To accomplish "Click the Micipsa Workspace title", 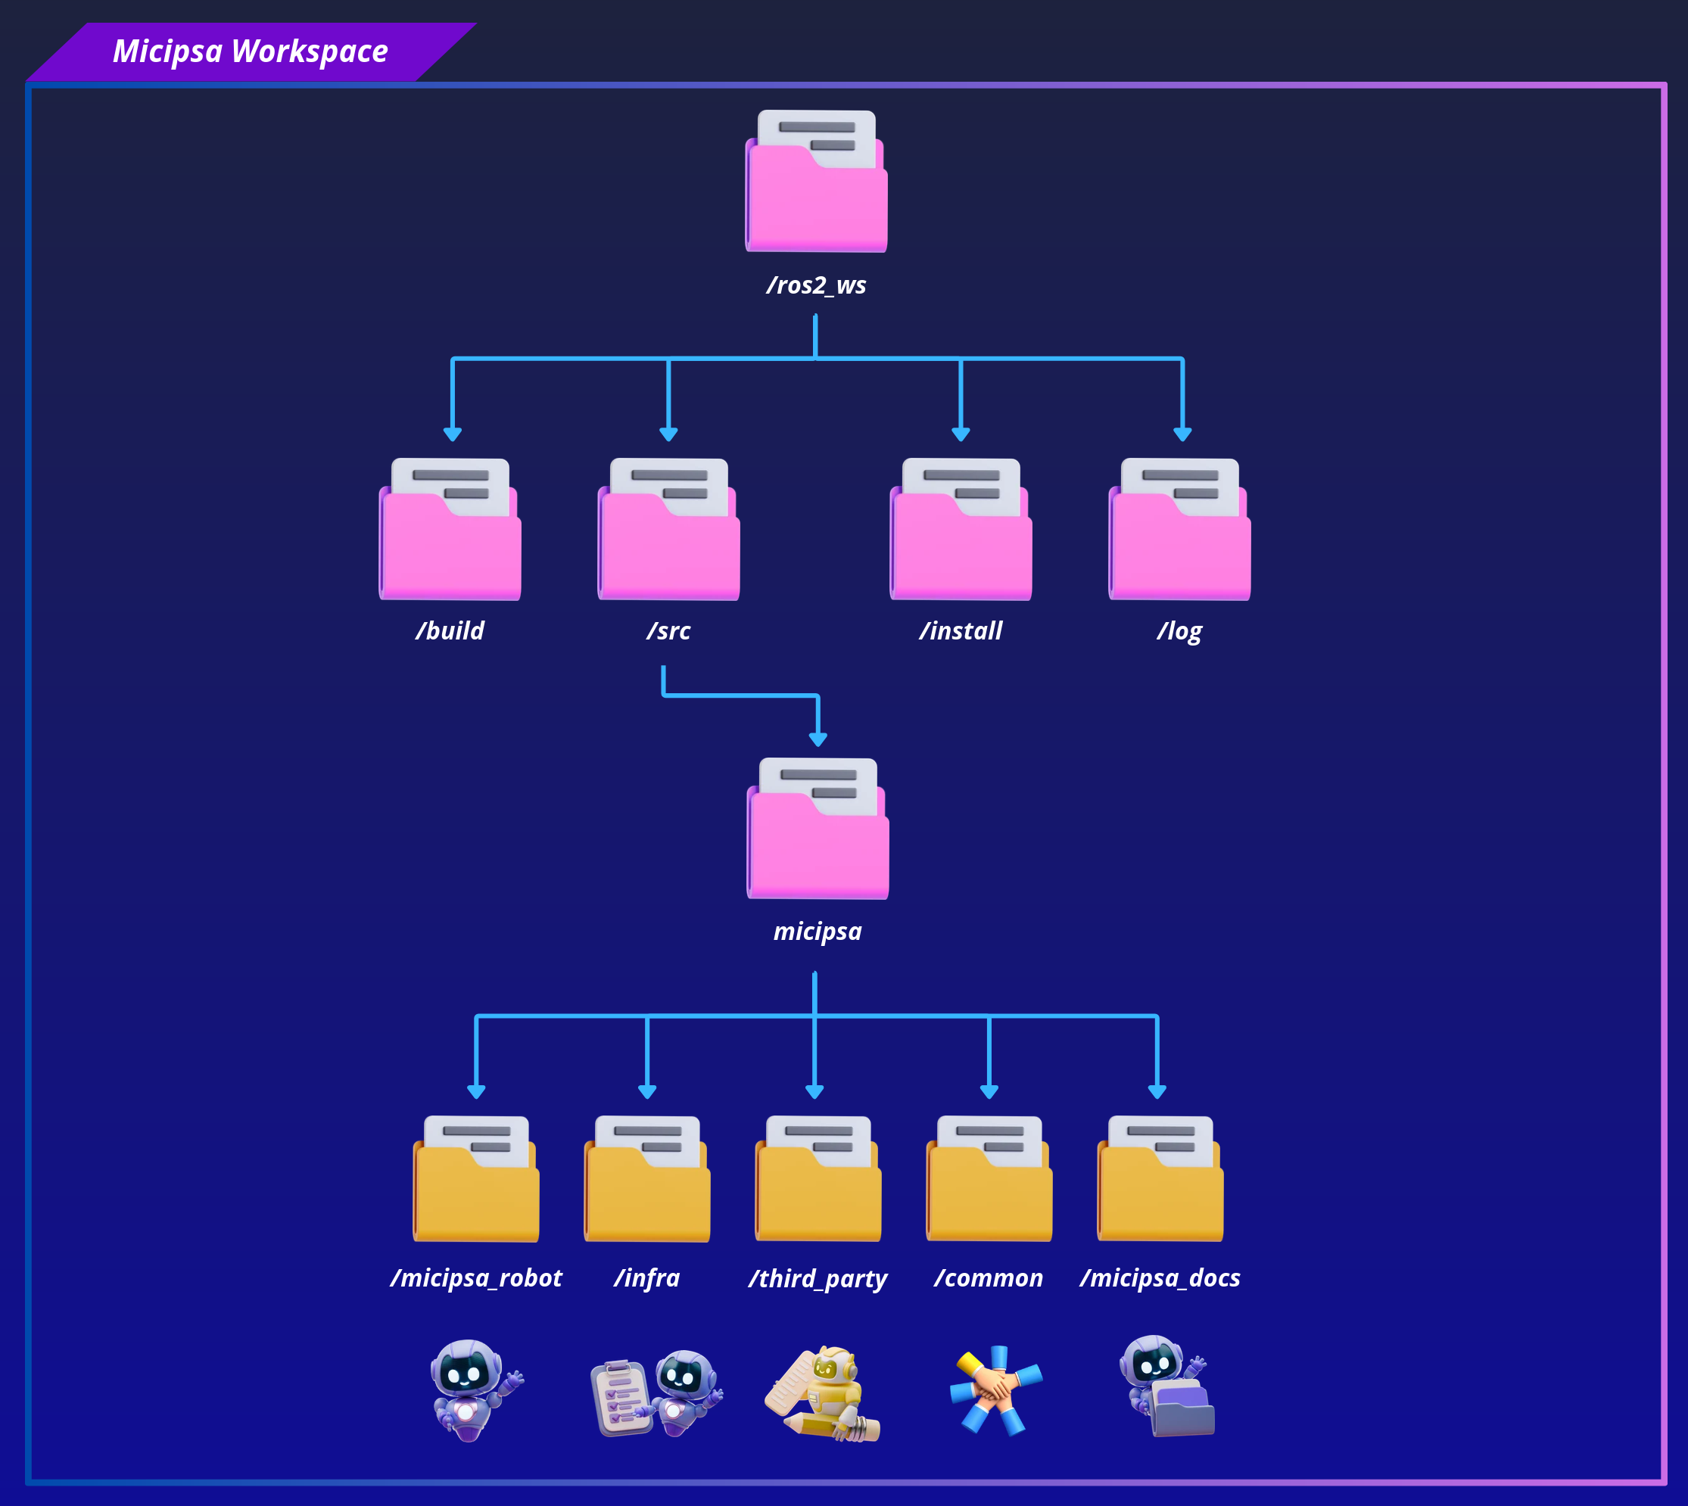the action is pyautogui.click(x=250, y=51).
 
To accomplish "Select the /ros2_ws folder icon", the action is pyautogui.click(x=816, y=181).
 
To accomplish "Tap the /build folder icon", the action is pyautogui.click(x=450, y=530).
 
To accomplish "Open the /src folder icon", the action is pyautogui.click(x=668, y=530).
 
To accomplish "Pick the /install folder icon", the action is pyautogui.click(x=961, y=530).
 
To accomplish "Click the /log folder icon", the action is pyautogui.click(x=1179, y=530).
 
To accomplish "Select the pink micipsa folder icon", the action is pyautogui.click(x=818, y=828).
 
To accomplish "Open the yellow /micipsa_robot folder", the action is pyautogui.click(x=476, y=1179).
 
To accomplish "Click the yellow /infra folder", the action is pyautogui.click(x=647, y=1179).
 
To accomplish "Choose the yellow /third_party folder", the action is pyautogui.click(x=818, y=1179).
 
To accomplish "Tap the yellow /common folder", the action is pyautogui.click(x=989, y=1179).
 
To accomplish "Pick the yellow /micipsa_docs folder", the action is pyautogui.click(x=1160, y=1179).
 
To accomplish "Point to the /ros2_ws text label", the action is pyautogui.click(x=817, y=285).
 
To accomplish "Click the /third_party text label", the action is pyautogui.click(x=818, y=1279).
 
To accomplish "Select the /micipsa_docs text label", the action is pyautogui.click(x=1160, y=1278).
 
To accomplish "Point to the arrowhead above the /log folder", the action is pyautogui.click(x=1182, y=434).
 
